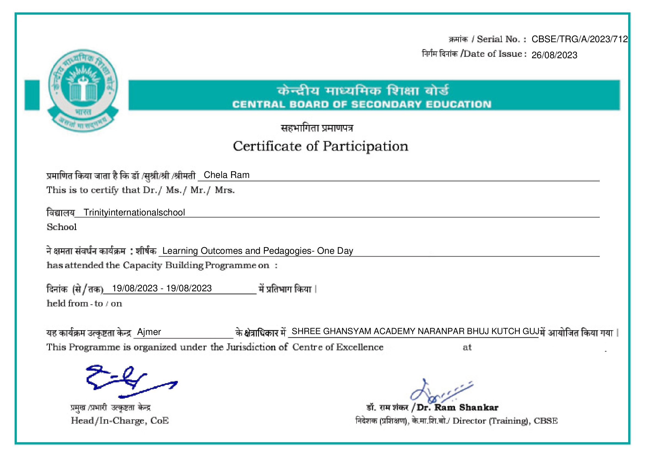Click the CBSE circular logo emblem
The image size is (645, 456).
(x=83, y=90)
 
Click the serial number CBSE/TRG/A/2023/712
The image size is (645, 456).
(x=579, y=39)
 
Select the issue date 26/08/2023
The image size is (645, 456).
(x=554, y=55)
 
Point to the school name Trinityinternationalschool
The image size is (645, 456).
(x=134, y=212)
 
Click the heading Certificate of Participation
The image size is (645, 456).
(x=320, y=146)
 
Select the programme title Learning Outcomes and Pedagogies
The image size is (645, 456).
(x=257, y=250)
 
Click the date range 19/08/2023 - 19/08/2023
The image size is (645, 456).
(x=162, y=288)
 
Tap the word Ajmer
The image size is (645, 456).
(x=149, y=332)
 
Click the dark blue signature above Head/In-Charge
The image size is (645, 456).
(x=126, y=381)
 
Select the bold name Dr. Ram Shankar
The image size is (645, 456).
(x=457, y=407)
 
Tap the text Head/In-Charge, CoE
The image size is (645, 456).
(x=120, y=421)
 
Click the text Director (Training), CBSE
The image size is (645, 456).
(x=505, y=421)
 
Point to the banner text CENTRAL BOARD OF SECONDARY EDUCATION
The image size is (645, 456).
(x=362, y=105)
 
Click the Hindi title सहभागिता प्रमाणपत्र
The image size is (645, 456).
(x=317, y=128)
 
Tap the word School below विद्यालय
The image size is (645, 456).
(x=61, y=227)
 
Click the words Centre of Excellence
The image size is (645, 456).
(x=338, y=347)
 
